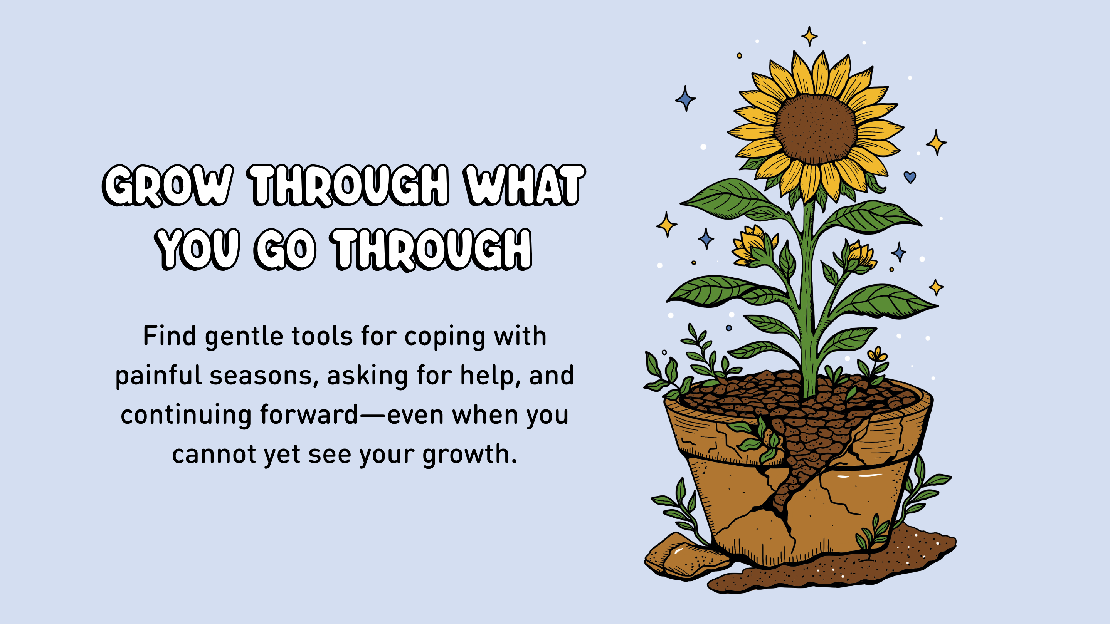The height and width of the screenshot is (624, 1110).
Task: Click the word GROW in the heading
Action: [x=168, y=186]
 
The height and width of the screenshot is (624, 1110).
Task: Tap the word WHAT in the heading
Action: [x=524, y=186]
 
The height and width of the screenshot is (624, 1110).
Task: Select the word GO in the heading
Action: [x=286, y=249]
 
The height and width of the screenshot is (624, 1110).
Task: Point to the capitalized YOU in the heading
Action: [x=197, y=249]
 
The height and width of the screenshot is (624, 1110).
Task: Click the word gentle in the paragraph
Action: [x=243, y=337]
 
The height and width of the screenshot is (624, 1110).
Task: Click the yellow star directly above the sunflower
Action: [x=809, y=36]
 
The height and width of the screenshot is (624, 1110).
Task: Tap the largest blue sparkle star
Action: [x=685, y=99]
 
